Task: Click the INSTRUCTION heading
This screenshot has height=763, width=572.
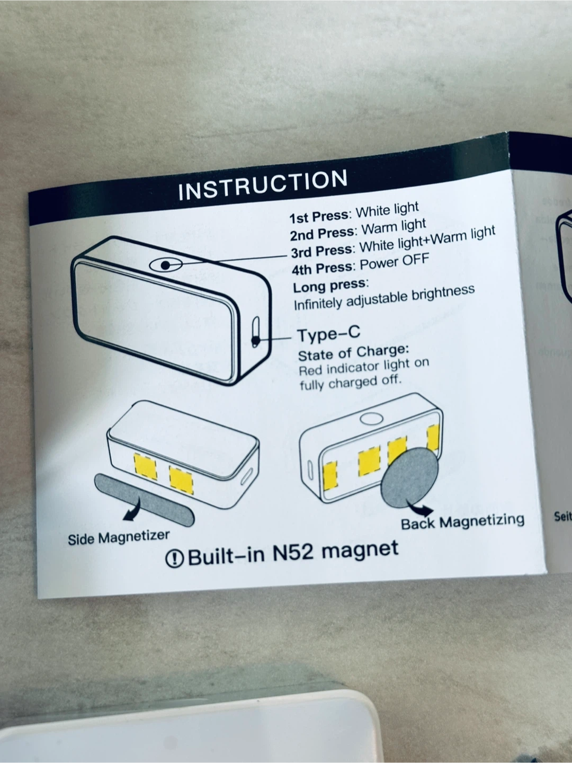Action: click(263, 185)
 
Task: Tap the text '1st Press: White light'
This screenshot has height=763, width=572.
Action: click(354, 212)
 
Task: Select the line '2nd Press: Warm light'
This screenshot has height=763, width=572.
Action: click(358, 229)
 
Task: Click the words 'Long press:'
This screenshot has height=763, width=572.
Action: click(330, 286)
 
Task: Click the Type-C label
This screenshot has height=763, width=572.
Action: click(328, 334)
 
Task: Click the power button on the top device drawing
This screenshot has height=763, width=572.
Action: click(165, 264)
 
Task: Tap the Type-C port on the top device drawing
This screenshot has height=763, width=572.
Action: click(255, 332)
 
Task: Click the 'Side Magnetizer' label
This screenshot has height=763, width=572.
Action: click(119, 537)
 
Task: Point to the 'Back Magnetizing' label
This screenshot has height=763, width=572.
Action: click(462, 521)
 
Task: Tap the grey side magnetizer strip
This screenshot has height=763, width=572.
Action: click(144, 498)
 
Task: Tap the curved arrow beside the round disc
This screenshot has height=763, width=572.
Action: click(423, 510)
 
